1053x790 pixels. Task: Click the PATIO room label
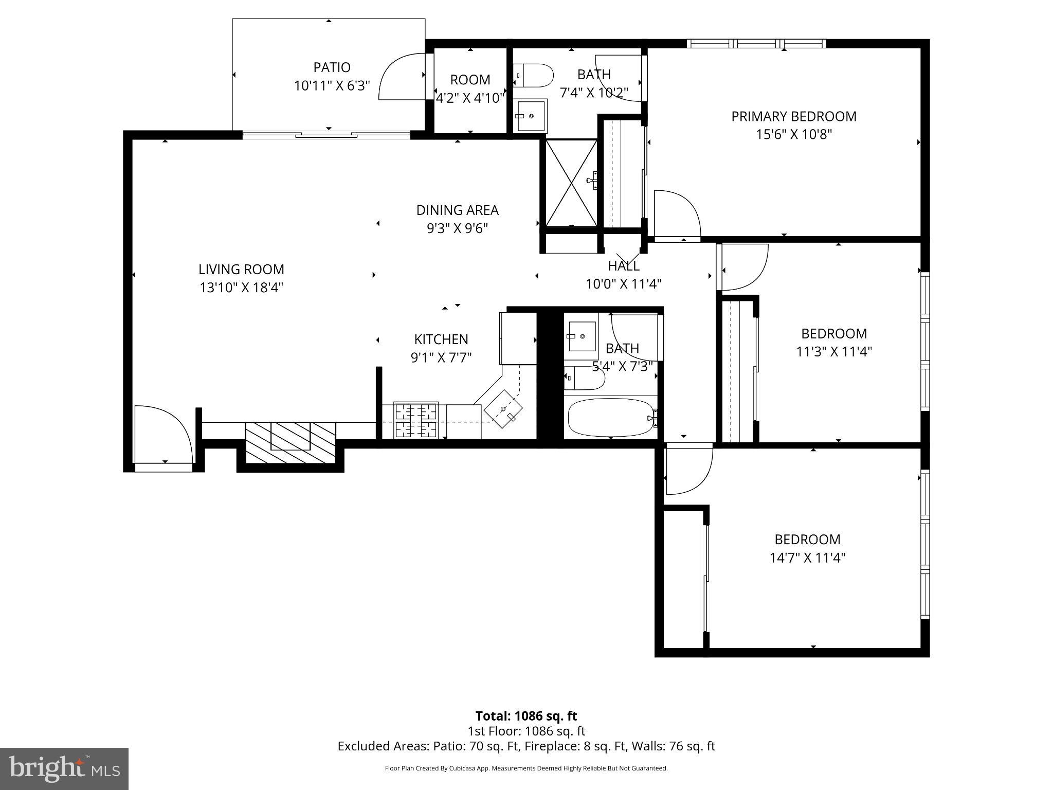pos(332,67)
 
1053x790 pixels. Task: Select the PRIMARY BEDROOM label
pos(794,117)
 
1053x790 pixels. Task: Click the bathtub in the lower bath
pos(610,418)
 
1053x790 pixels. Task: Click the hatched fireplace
pos(291,441)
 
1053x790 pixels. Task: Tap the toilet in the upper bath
pos(533,75)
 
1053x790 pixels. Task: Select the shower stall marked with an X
pos(571,183)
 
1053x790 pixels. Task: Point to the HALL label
pos(623,266)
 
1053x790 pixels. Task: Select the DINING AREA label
pos(457,210)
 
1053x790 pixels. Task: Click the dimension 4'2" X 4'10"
pos(470,98)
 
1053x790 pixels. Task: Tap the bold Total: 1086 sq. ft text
pos(526,716)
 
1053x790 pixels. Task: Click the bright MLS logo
pos(64,769)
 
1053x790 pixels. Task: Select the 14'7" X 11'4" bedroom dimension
pos(807,558)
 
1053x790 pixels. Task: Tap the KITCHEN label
pos(441,339)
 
